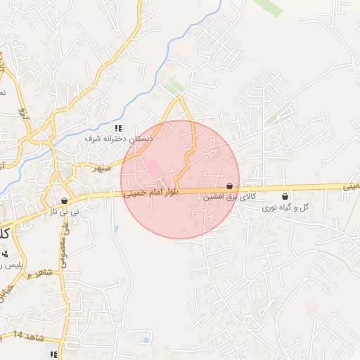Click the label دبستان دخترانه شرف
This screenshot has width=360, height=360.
[119, 139]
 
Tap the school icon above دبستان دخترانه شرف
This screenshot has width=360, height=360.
[119, 129]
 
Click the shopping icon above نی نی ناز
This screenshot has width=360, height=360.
[64, 200]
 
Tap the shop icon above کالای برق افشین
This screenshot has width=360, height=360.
[229, 187]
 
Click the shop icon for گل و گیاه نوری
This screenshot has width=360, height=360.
[285, 197]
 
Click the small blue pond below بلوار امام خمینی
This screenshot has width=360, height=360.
[115, 228]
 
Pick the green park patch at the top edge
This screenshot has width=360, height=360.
[268, 6]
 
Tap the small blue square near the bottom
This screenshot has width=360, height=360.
[146, 340]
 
